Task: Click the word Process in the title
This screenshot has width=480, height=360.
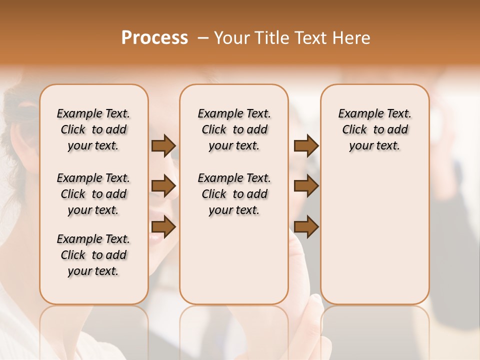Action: click(154, 38)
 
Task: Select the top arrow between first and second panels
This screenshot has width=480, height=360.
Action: click(163, 145)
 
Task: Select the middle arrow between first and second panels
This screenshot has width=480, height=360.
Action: click(163, 186)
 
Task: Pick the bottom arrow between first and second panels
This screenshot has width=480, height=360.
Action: click(163, 227)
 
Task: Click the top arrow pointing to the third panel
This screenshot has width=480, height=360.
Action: click(306, 145)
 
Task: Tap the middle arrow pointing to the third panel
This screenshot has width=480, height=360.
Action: click(306, 186)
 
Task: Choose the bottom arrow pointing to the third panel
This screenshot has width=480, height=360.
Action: click(306, 227)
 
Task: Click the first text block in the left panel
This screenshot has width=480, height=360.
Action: click(93, 129)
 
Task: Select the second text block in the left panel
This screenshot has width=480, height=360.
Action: click(93, 194)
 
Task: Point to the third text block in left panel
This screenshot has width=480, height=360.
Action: click(93, 255)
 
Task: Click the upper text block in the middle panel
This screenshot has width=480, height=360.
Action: click(234, 129)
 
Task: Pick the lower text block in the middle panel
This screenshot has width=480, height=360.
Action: click(234, 194)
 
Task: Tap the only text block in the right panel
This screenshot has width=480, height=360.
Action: click(374, 129)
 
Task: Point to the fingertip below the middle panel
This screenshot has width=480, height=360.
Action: click(316, 300)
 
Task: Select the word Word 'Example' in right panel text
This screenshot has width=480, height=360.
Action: click(355, 114)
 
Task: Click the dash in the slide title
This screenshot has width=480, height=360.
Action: click(202, 38)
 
